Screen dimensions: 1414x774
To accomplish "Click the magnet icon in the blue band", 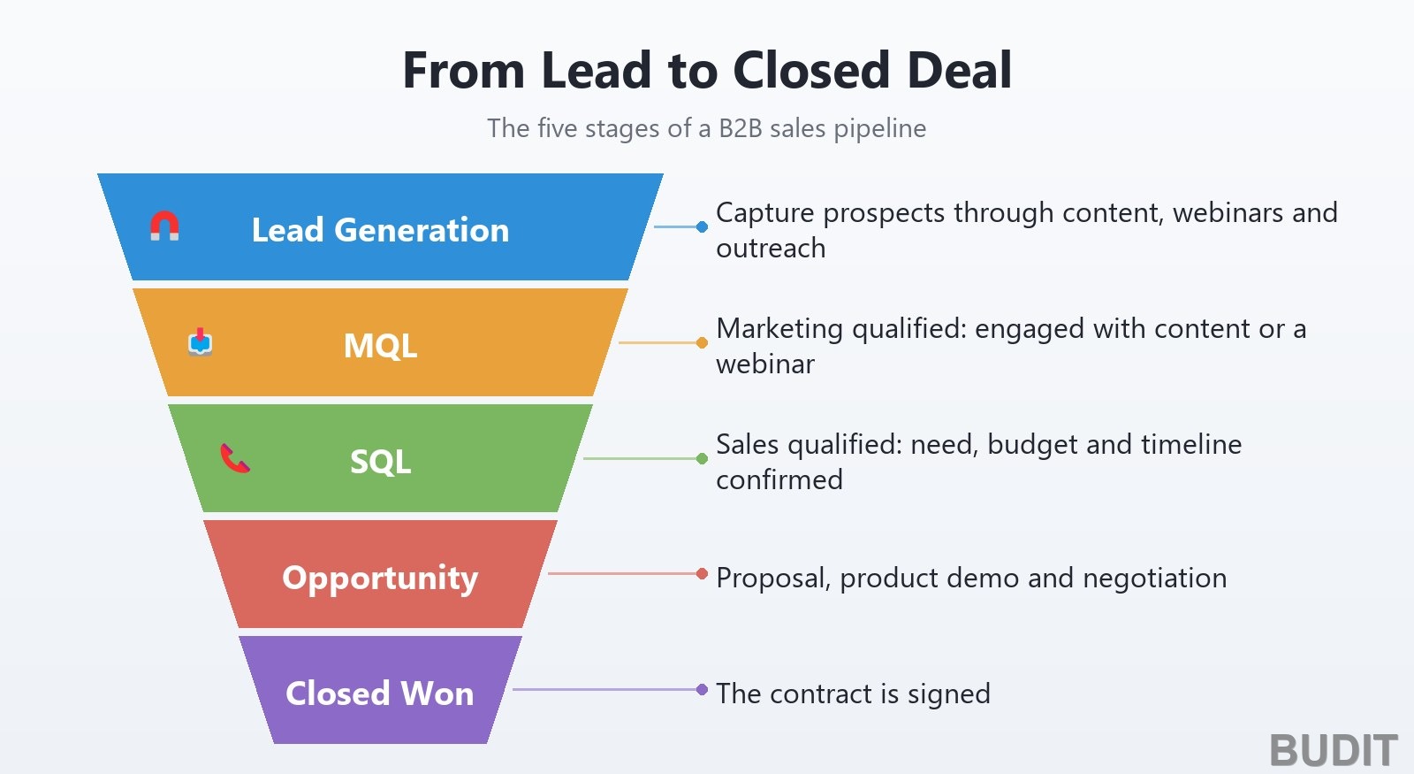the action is (x=164, y=226).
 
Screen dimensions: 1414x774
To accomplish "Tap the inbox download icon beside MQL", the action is (x=200, y=341).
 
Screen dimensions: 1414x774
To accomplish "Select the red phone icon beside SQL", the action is (x=235, y=458).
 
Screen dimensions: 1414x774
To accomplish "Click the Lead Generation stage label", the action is (x=380, y=229).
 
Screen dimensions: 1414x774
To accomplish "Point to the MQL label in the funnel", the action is (x=380, y=346).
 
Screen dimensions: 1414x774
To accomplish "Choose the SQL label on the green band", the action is (x=380, y=461).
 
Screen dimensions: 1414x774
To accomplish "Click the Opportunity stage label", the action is (x=380, y=579).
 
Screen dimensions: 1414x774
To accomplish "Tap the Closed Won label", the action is (x=380, y=694).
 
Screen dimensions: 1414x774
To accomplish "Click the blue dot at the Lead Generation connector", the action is (x=702, y=226).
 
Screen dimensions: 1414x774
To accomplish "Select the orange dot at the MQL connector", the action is (x=702, y=342).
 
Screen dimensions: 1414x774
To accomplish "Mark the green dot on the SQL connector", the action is (x=702, y=458).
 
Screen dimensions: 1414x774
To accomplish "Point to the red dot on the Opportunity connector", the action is (x=702, y=574).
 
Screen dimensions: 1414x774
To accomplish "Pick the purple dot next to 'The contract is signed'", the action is (x=702, y=689).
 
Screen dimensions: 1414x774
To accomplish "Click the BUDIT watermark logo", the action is (x=1334, y=750).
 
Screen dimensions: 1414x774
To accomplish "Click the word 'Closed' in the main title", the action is (x=812, y=70).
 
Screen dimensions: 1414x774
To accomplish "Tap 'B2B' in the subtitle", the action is (x=741, y=128).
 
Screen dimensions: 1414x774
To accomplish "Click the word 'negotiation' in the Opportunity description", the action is (x=1154, y=579).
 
